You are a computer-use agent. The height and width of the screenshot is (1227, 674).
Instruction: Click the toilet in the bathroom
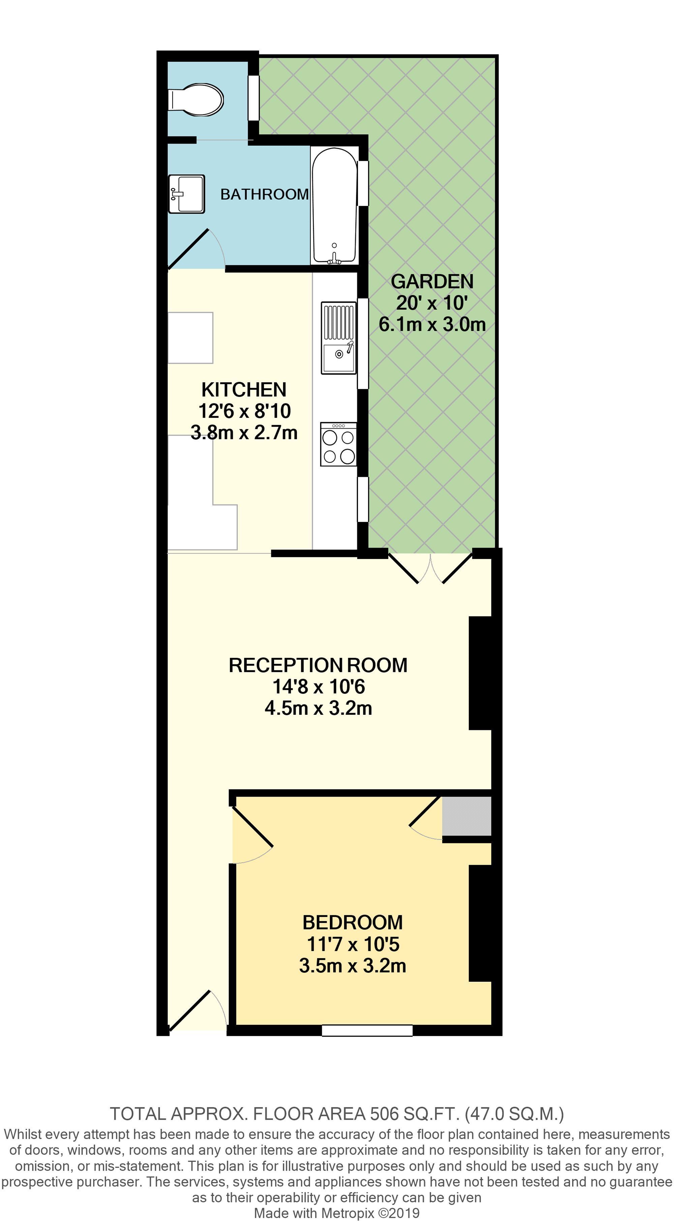point(196,100)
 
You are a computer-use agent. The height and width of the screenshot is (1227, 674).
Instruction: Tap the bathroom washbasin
point(186,194)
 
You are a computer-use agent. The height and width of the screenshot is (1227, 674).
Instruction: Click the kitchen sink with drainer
point(339,338)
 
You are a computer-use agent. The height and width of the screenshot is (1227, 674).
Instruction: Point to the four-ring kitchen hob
point(339,444)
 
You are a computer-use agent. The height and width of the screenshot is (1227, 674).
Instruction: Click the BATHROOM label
point(264,194)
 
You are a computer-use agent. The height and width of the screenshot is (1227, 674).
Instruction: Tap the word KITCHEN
point(244,390)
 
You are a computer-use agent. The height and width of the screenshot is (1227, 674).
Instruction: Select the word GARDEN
point(432,281)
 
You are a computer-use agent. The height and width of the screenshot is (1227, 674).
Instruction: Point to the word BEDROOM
point(353,923)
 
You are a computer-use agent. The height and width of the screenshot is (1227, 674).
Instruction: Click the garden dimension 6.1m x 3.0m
point(432,325)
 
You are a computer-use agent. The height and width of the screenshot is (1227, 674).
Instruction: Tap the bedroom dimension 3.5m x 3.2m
point(353,965)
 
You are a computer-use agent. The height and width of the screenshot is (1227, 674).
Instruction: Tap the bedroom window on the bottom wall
point(367,1030)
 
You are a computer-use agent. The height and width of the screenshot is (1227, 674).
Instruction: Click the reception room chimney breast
point(480,673)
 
